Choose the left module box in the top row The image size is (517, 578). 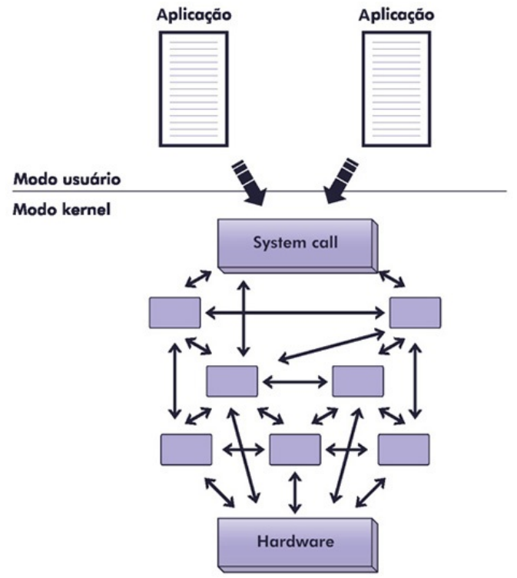(x=175, y=312)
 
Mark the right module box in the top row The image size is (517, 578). (x=415, y=312)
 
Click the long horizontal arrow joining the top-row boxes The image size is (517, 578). (x=295, y=312)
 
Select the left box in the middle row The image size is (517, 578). (x=232, y=381)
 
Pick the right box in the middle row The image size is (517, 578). (x=357, y=381)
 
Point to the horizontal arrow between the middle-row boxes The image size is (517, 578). (x=295, y=381)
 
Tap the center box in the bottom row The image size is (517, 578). (x=295, y=449)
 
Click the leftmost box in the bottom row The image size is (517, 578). (x=187, y=449)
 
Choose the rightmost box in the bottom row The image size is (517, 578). (x=403, y=449)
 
